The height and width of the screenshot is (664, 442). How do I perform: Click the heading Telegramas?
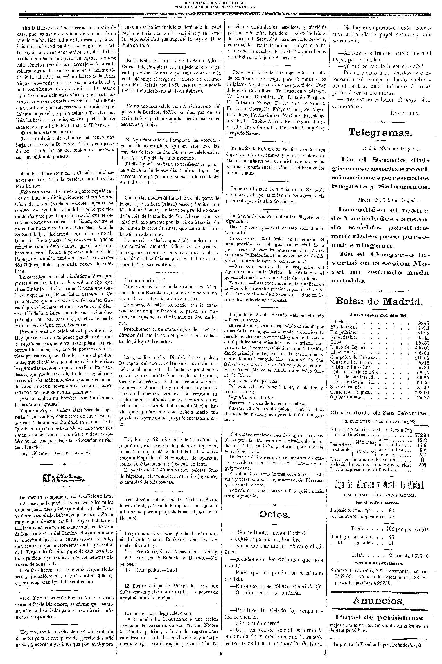(380, 133)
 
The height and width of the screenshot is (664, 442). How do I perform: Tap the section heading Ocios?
(274, 514)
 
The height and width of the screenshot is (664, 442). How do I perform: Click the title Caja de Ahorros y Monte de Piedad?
(380, 485)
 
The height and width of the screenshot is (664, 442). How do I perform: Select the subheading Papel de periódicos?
(379, 607)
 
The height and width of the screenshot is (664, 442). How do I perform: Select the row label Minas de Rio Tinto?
(351, 362)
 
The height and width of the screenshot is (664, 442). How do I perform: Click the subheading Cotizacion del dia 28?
(379, 315)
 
